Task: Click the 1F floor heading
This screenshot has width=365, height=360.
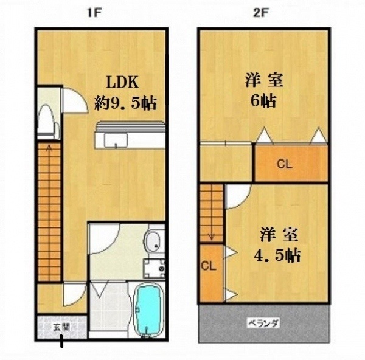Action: pos(94,13)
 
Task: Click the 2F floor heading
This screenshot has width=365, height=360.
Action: pos(261,13)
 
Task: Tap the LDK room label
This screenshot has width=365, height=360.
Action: pos(122,82)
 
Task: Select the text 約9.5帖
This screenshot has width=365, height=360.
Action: pos(125,103)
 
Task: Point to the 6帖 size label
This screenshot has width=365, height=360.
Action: pos(263,101)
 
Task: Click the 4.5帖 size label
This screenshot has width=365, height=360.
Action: pos(277,255)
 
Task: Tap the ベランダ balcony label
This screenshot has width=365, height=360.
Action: pos(263,324)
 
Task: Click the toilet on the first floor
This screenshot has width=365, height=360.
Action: pos(49,122)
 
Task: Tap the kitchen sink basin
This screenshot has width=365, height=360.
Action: pos(116,140)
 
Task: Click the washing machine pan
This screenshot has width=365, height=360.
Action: pos(155,269)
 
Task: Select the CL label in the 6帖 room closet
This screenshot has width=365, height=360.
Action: pos(284,164)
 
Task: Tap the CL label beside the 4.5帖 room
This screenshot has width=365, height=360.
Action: pos(209,266)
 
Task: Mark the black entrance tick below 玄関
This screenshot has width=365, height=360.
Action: pos(61,341)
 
